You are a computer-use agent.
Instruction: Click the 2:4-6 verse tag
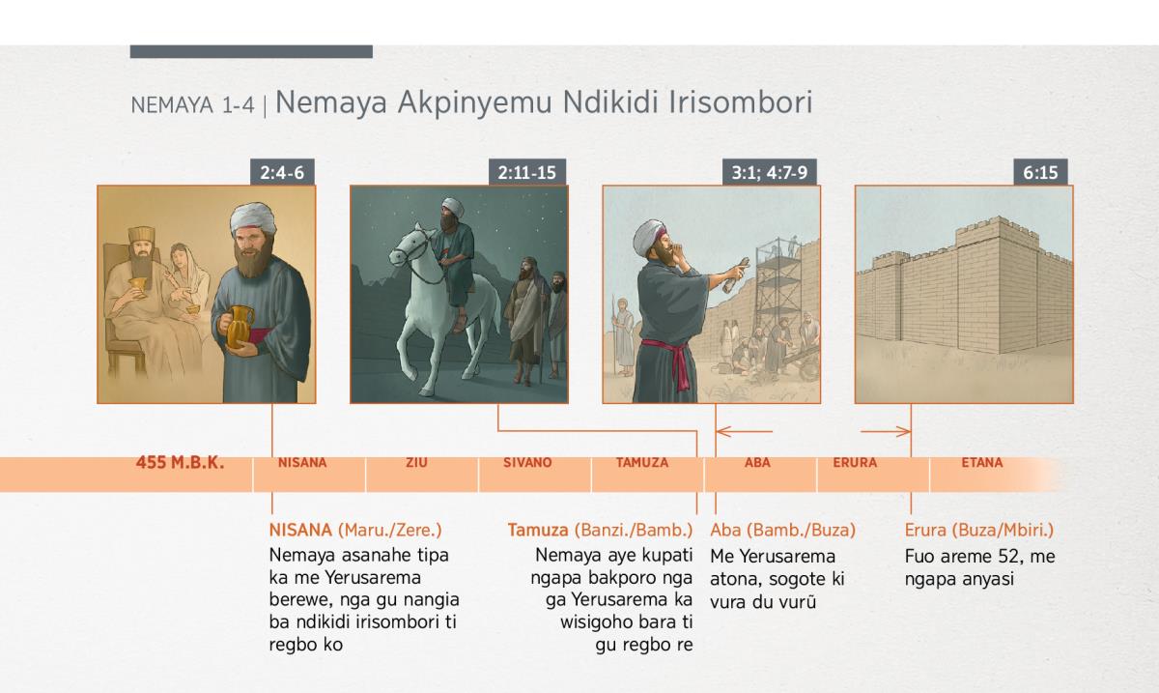(x=282, y=172)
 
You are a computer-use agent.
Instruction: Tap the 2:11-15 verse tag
(x=527, y=172)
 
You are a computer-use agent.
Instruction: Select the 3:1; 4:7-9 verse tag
(x=770, y=172)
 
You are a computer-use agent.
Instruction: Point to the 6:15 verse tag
(x=1040, y=172)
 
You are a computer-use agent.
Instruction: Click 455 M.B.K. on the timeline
(x=180, y=463)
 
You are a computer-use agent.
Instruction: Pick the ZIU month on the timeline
(x=416, y=463)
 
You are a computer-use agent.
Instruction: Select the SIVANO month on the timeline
(x=527, y=463)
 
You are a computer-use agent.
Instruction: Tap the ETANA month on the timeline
(x=982, y=463)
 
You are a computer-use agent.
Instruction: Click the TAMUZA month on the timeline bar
(x=642, y=463)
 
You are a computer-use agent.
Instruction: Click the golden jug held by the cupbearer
(x=240, y=327)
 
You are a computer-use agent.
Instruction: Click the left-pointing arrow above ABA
(x=744, y=431)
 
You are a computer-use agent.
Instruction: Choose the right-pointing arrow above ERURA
(x=886, y=431)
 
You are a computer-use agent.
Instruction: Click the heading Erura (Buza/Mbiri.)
(x=979, y=530)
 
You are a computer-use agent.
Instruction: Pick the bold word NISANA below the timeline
(x=300, y=530)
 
